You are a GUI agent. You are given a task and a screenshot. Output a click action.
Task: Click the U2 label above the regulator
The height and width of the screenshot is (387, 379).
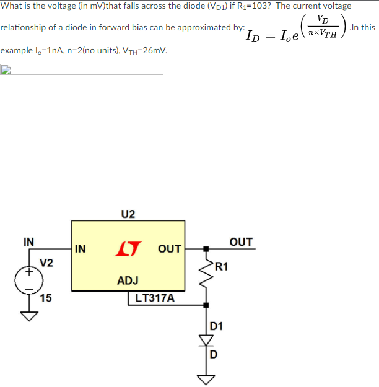click(128, 214)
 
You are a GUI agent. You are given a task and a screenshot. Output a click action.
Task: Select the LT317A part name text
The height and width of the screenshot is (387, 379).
click(154, 298)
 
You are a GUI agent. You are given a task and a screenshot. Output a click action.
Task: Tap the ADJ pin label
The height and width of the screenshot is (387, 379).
click(128, 281)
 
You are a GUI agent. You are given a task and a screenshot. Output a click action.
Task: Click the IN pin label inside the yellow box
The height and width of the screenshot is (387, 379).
click(81, 249)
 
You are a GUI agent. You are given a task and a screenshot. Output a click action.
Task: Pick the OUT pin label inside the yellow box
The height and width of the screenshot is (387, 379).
click(169, 249)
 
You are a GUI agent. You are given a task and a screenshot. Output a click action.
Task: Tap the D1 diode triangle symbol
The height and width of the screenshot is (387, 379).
click(207, 340)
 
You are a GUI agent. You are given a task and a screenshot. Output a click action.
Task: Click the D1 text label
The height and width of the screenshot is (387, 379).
click(217, 326)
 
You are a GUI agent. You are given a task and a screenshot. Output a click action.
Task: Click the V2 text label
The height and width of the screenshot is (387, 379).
click(46, 263)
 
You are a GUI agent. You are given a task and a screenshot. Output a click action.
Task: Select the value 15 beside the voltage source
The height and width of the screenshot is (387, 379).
click(46, 298)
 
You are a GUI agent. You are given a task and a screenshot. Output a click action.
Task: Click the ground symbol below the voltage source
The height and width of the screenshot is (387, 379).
click(28, 316)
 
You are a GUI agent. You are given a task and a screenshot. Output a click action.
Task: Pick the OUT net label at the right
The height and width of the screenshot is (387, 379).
click(241, 241)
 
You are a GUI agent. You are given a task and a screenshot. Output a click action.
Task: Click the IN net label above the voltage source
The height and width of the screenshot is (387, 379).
click(28, 241)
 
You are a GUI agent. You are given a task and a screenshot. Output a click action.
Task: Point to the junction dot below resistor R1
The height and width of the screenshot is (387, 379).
click(207, 305)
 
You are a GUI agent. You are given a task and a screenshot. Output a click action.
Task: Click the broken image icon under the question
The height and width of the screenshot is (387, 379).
click(6, 69)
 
